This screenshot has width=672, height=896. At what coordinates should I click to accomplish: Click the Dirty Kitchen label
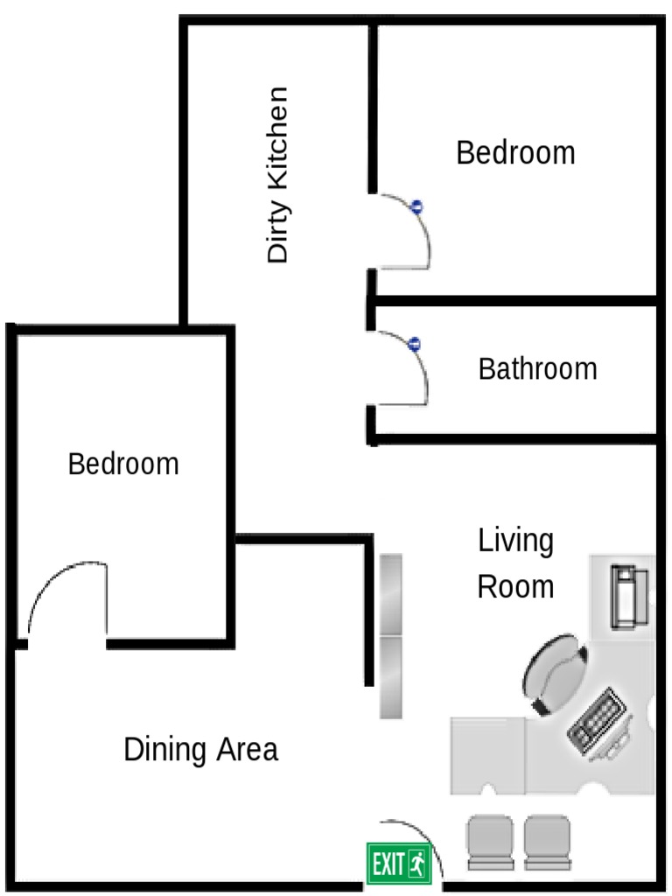(x=278, y=175)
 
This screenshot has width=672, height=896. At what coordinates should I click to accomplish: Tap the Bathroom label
(x=537, y=368)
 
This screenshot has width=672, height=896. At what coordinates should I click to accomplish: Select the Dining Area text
(x=200, y=750)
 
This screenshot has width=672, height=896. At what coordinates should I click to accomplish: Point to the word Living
(x=515, y=541)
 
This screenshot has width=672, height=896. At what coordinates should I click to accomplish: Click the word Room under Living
(x=515, y=586)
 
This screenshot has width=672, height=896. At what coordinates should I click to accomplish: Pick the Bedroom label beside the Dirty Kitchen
(x=515, y=153)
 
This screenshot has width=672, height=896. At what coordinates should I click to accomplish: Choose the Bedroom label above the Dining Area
(x=123, y=463)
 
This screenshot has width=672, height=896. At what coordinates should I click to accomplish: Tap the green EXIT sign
(x=398, y=864)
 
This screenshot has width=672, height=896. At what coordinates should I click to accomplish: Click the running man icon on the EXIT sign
(x=417, y=864)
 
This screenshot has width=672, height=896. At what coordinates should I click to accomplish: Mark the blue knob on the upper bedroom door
(x=417, y=207)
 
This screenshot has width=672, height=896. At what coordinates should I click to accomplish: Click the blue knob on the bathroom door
(x=415, y=344)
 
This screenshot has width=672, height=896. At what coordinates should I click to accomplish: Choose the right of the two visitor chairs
(x=547, y=842)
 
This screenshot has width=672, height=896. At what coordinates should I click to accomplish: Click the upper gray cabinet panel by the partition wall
(x=390, y=594)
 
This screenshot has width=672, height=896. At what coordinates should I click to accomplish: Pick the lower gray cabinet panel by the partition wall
(x=390, y=676)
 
